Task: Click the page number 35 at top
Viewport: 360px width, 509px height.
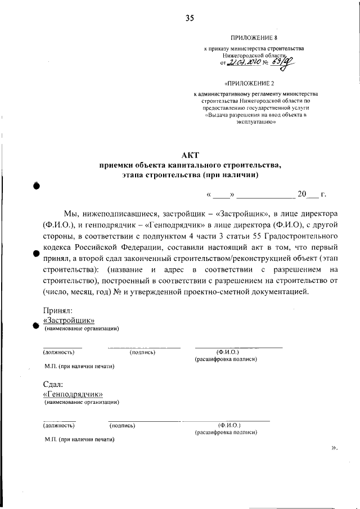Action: click(190, 18)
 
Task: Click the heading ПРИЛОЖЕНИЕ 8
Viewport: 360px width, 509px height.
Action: click(255, 38)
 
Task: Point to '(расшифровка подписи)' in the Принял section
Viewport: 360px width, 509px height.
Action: click(226, 359)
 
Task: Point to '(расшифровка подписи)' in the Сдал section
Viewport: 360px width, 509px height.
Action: click(226, 433)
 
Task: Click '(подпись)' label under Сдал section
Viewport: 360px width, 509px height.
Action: click(122, 426)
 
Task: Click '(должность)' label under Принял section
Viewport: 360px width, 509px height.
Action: click(59, 352)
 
